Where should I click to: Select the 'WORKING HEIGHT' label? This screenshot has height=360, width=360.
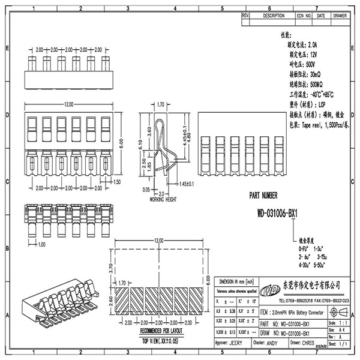pos(161,199)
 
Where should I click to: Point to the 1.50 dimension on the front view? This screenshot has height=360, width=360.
pos(116,182)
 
